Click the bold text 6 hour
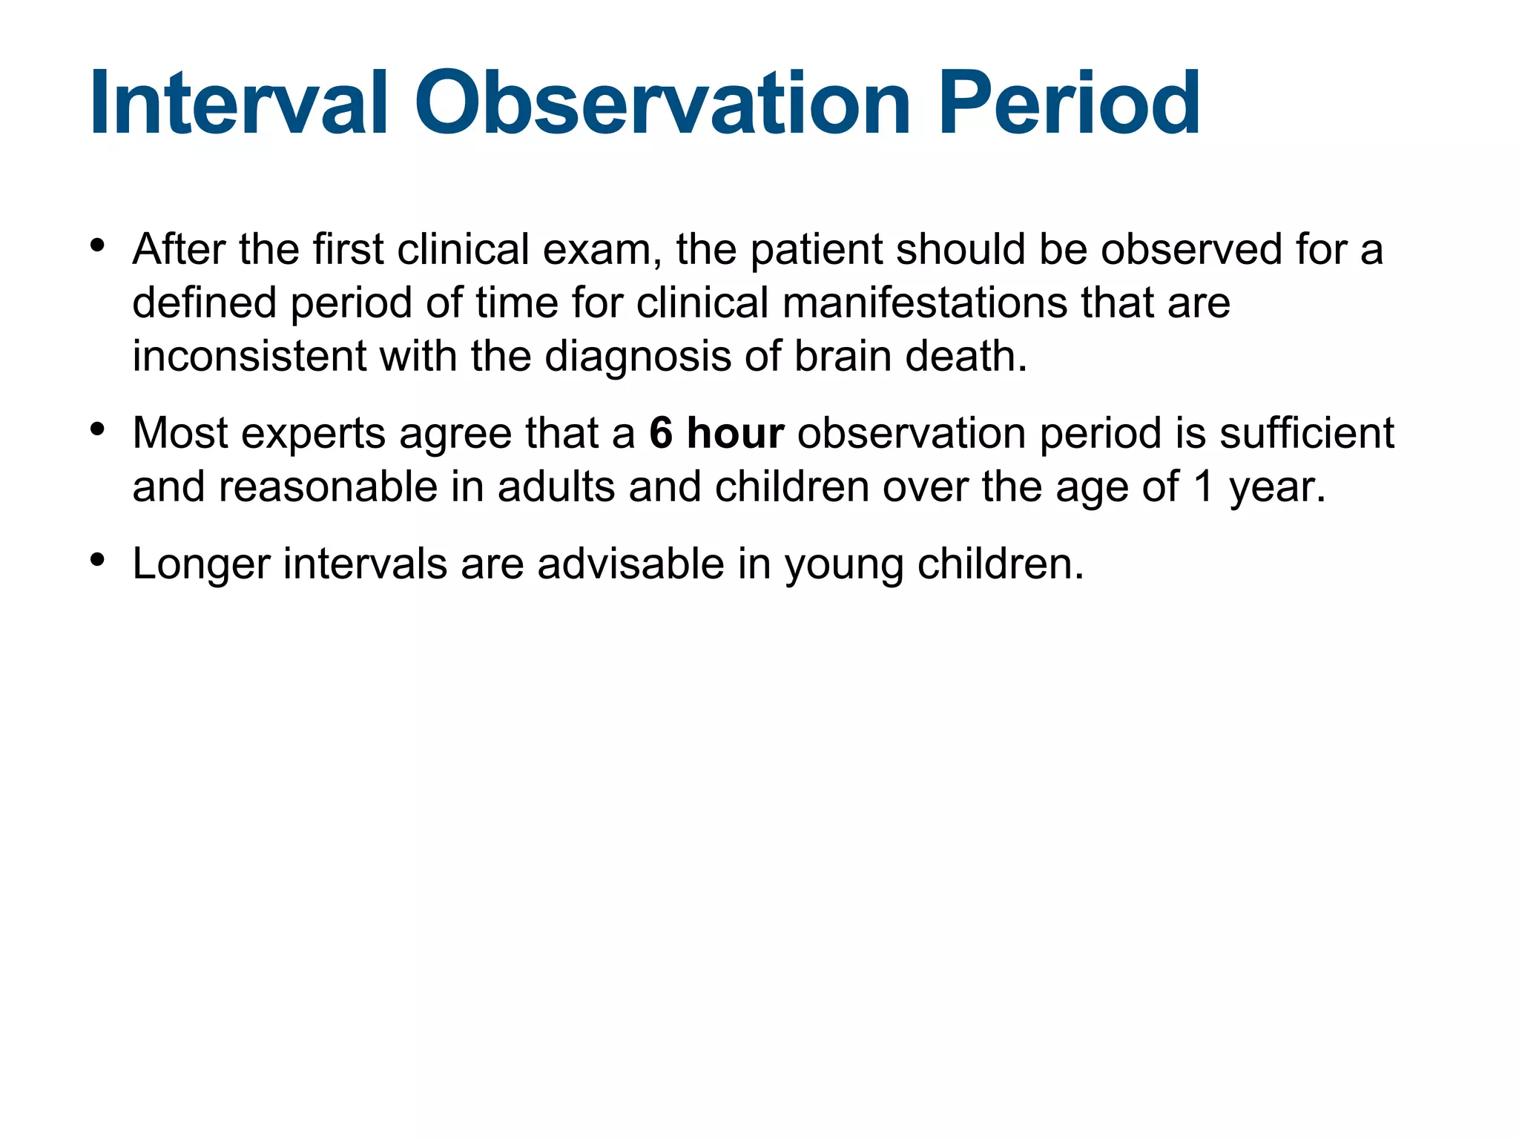[716, 433]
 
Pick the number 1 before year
[1203, 487]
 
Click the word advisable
[630, 564]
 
